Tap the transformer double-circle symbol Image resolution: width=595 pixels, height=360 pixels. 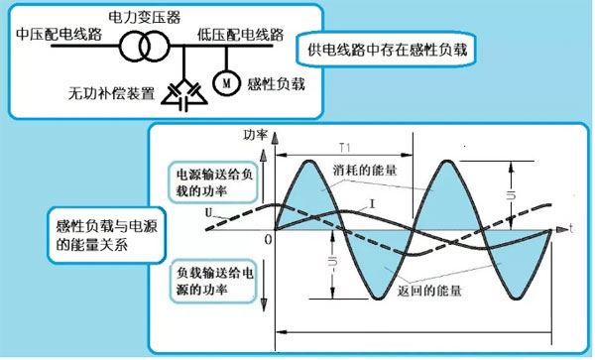[x=149, y=47]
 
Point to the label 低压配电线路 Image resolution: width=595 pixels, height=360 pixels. [x=242, y=35]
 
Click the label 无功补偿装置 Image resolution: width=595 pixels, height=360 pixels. [x=111, y=95]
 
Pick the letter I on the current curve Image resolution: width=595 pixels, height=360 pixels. [x=369, y=204]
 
